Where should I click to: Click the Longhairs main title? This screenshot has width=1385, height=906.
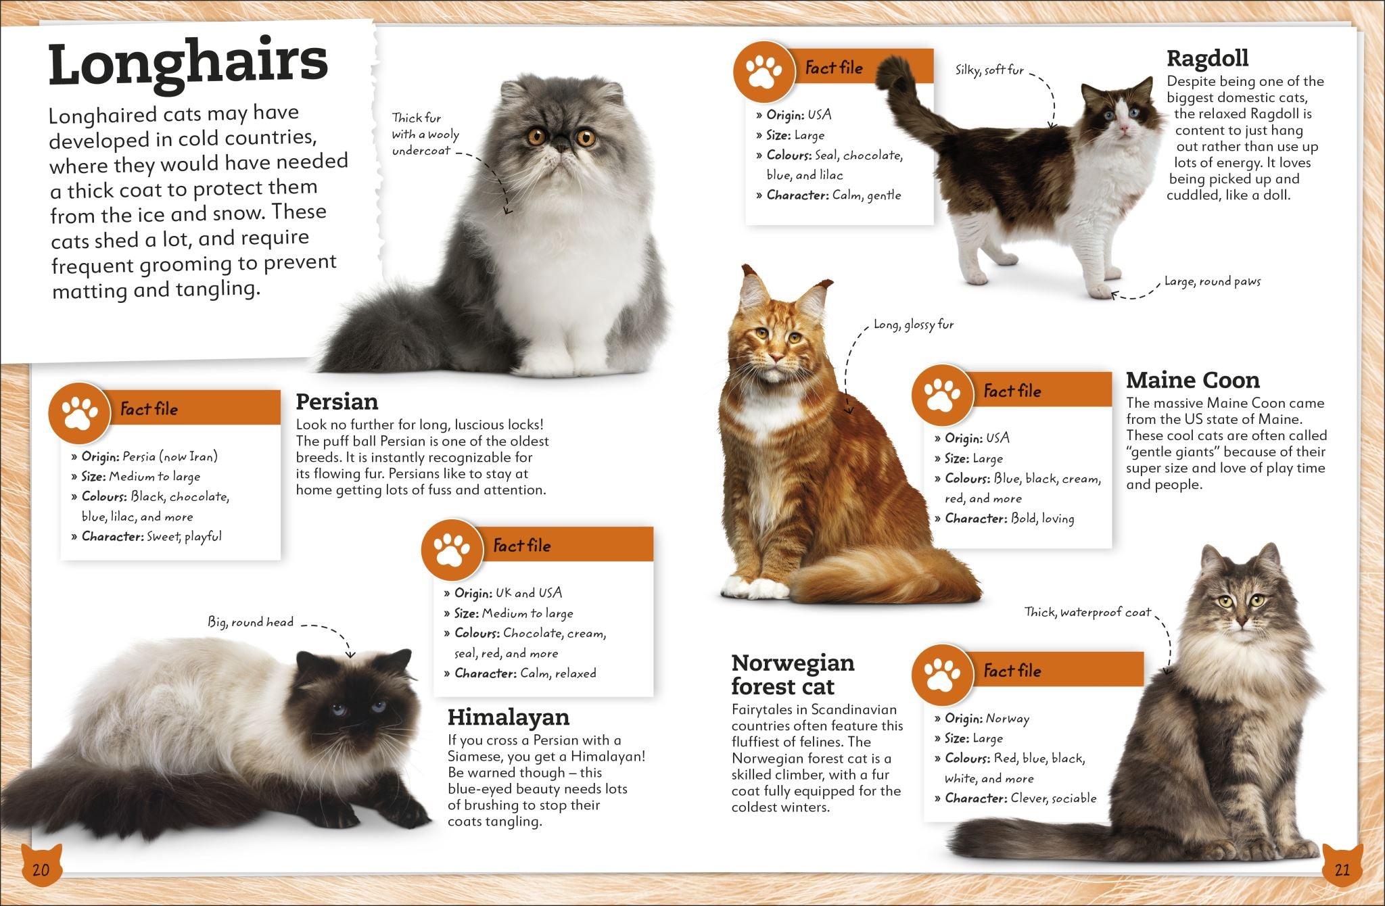pos(188,63)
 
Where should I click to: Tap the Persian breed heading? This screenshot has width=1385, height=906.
pos(337,402)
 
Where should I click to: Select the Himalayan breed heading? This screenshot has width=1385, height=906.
pos(509,717)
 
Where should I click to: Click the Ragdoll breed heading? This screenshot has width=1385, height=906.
pos(1207,58)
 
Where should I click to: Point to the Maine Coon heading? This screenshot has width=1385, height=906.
pos(1192,380)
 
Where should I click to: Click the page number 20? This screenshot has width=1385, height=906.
pos(41,869)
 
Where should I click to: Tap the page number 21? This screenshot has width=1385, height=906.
pos(1342,869)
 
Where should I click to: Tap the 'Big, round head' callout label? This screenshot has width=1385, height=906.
pos(250,622)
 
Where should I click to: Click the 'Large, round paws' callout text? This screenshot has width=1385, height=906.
pos(1212,282)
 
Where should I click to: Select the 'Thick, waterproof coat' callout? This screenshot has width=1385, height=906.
pos(1087,613)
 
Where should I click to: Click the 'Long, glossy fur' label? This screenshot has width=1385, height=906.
pos(913,325)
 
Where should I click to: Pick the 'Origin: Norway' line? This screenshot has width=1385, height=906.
pos(982,719)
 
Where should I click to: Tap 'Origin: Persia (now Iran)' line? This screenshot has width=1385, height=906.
pos(145,456)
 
